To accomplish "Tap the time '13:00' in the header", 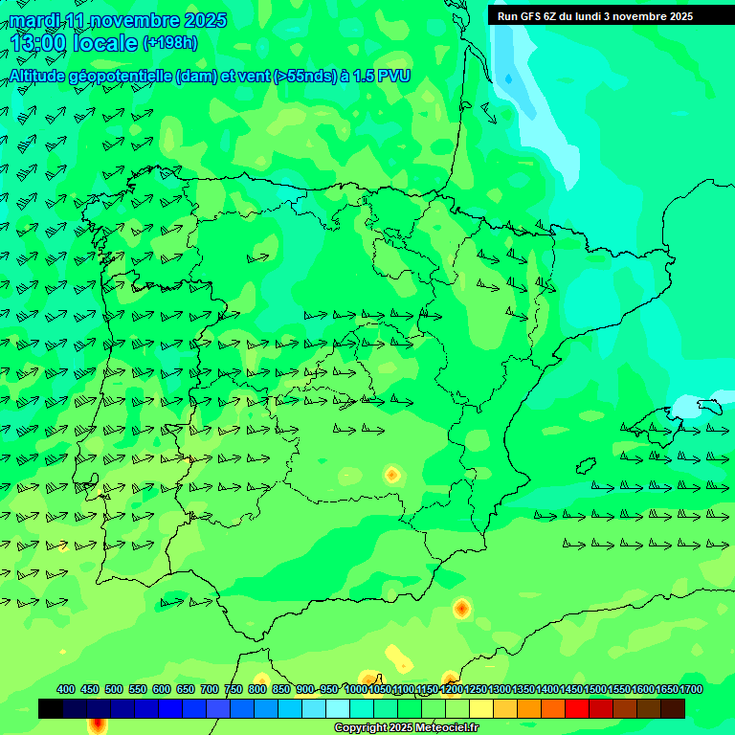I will tap(38, 43).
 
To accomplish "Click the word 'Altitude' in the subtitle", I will tap(43, 76).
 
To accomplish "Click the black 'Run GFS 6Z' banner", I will tap(594, 15).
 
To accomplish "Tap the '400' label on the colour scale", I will tap(66, 689).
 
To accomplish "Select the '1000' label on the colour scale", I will tap(355, 689).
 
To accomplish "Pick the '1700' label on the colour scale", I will tap(691, 689).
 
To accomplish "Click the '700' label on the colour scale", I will tap(210, 689).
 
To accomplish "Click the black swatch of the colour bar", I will tap(51, 708).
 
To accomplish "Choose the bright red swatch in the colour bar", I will tap(577, 708).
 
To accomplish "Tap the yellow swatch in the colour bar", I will tap(481, 708).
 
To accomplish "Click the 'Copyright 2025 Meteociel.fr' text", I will tap(406, 727).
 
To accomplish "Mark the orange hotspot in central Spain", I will tap(391, 474).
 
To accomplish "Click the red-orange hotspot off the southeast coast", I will tap(461, 608).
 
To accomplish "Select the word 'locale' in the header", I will tap(105, 43).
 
